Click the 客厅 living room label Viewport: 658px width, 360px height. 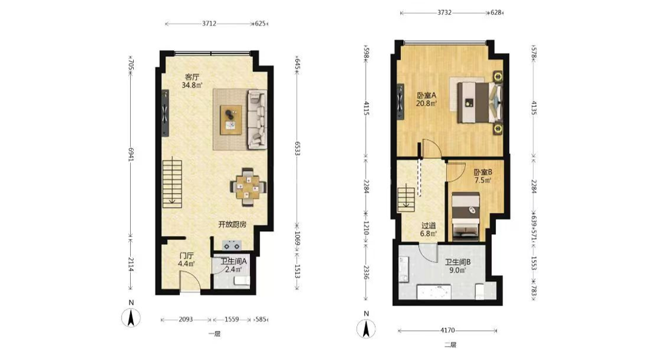coord(192,77)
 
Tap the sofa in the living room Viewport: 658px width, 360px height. coord(257,120)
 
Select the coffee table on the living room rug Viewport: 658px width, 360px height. coord(231,120)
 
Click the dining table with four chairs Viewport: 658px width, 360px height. coord(248,187)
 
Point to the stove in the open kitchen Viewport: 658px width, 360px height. coord(232,244)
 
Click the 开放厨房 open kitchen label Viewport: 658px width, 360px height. coord(232,224)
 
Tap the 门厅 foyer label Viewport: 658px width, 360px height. coord(186,255)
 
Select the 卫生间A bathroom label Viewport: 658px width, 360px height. coord(234,261)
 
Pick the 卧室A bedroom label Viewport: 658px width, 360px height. coord(426,95)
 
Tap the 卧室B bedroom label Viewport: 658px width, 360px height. coord(482,172)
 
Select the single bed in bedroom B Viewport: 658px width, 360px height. coord(466,216)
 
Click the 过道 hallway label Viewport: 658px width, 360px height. coord(429,226)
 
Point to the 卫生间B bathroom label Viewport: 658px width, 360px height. coord(458,262)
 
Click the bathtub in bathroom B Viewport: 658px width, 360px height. coord(434,292)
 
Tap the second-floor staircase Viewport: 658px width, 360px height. coord(406,199)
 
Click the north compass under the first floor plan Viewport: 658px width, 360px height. coord(131,317)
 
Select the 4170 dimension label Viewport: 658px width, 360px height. coord(448,330)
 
